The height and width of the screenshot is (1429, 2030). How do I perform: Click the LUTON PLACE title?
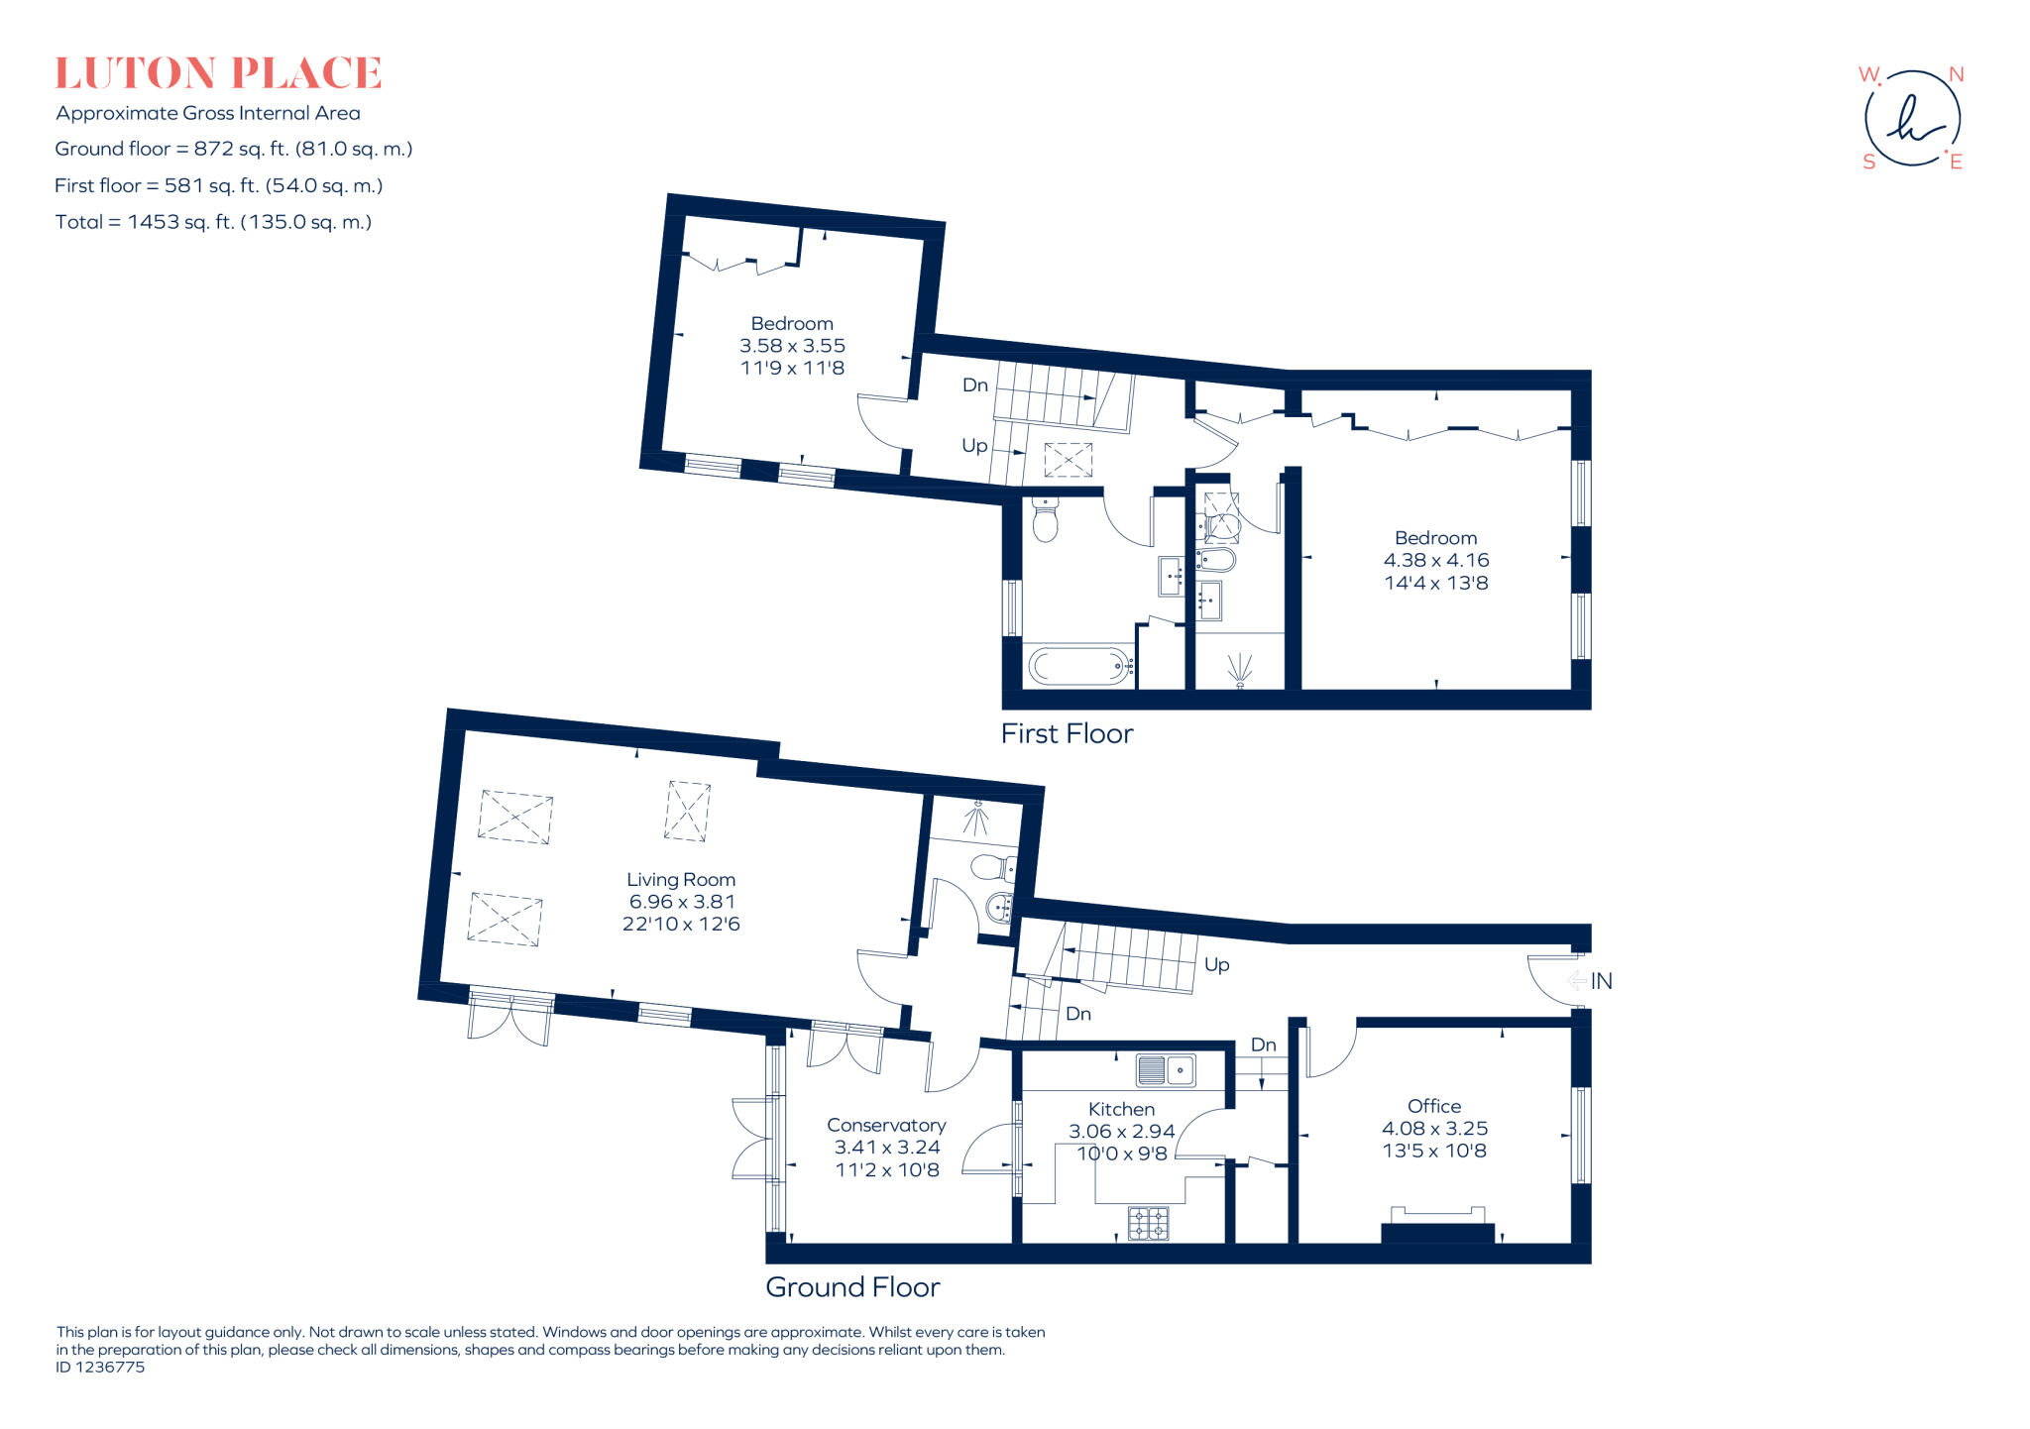click(218, 73)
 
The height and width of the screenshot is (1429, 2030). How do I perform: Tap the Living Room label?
click(681, 879)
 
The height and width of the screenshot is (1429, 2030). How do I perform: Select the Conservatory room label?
click(886, 1125)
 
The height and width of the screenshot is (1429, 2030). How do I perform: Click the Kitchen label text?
click(1121, 1109)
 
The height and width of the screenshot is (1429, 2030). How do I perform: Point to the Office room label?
click(1434, 1106)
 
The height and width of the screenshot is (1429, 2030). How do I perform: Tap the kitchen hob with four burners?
click(1148, 1223)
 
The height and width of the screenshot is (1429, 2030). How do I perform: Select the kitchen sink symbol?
click(1165, 1070)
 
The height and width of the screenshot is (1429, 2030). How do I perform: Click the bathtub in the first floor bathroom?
click(1079, 666)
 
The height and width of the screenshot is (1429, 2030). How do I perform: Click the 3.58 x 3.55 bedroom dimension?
click(792, 346)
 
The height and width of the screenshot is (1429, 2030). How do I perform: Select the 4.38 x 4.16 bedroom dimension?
click(1435, 560)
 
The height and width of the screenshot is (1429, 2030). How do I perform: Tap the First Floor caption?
click(1067, 733)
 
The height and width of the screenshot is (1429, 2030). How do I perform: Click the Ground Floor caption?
click(852, 1287)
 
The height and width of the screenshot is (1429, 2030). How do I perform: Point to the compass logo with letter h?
click(1912, 118)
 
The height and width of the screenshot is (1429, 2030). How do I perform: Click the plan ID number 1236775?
click(100, 1368)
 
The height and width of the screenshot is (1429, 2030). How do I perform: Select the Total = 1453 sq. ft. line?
click(213, 222)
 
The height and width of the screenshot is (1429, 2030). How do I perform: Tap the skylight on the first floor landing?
click(1068, 461)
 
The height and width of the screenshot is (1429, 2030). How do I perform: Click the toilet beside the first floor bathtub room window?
click(1045, 519)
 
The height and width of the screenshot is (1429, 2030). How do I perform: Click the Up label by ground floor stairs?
click(1216, 964)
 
